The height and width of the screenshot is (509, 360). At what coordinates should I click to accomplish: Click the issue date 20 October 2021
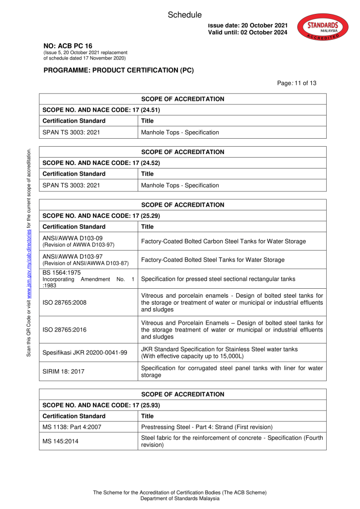[x=248, y=25]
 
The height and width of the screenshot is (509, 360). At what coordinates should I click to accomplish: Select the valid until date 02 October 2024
[x=248, y=32]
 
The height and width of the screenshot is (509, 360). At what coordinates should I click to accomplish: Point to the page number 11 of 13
[x=297, y=83]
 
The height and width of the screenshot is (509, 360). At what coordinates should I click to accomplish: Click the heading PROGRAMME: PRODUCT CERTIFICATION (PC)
[x=118, y=70]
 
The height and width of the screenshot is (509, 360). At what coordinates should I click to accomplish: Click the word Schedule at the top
[x=184, y=15]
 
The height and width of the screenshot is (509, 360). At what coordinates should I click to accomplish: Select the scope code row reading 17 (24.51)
[x=101, y=110]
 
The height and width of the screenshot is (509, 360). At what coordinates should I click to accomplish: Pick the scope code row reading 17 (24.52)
[x=101, y=163]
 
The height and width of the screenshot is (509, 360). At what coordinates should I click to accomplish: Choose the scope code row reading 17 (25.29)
[x=101, y=216]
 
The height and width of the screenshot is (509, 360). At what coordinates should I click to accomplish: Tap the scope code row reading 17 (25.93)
[x=101, y=405]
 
